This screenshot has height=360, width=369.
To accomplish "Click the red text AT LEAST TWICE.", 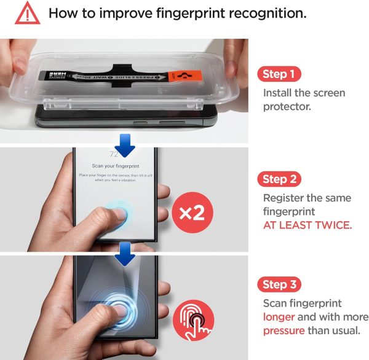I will pos(307,225).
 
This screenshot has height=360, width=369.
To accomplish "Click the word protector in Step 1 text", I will pos(287,107).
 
